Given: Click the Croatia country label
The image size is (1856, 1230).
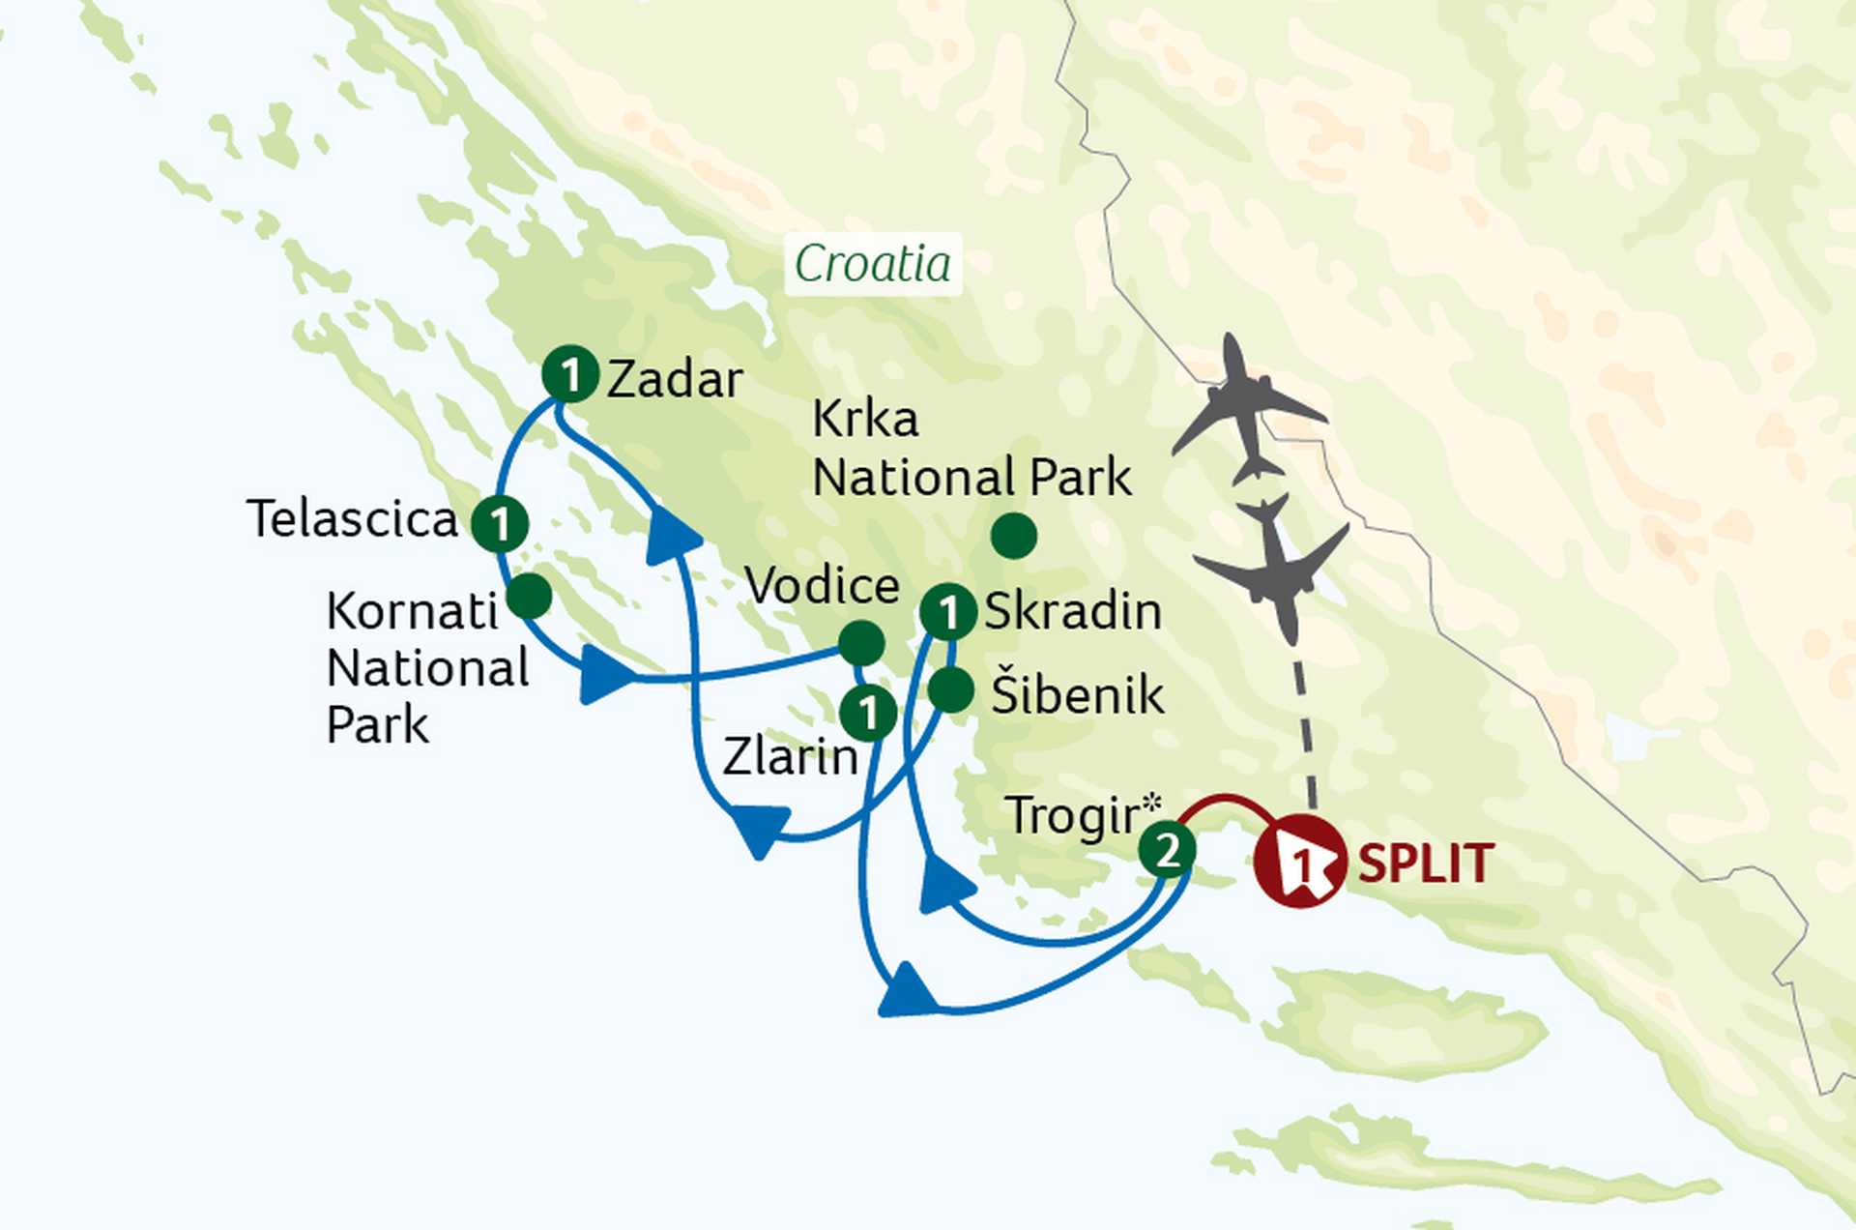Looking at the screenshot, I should coord(872,264).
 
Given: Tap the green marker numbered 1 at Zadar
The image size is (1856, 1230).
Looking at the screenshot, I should coord(569,374).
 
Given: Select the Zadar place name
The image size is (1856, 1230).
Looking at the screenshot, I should coord(675,380).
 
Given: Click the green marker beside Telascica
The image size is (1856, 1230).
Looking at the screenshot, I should coord(500,523).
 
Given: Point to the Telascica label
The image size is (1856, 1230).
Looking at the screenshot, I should coord(352,519).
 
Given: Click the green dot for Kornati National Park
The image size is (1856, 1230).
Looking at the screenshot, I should coord(529,596).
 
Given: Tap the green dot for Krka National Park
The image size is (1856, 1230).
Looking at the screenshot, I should coord(1014,536).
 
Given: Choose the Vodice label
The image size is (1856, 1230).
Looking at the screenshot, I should coord(823,586).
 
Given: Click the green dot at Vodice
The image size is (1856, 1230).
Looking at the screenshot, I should coord(860,643).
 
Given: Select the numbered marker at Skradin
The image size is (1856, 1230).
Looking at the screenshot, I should coord(948,611).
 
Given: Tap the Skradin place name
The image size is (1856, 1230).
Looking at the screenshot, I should coord(1073,612).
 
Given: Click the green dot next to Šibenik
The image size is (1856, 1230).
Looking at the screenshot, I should coord(950,690).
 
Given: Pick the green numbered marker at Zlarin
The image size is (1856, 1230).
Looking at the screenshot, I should coord(868,714).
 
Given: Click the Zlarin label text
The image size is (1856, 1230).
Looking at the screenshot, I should coord(791,757).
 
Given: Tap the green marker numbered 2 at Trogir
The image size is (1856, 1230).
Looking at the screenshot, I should coord(1167,851).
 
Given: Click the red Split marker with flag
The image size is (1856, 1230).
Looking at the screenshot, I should coord(1299,862).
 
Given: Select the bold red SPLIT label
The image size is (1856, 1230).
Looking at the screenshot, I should coord(1426,864).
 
